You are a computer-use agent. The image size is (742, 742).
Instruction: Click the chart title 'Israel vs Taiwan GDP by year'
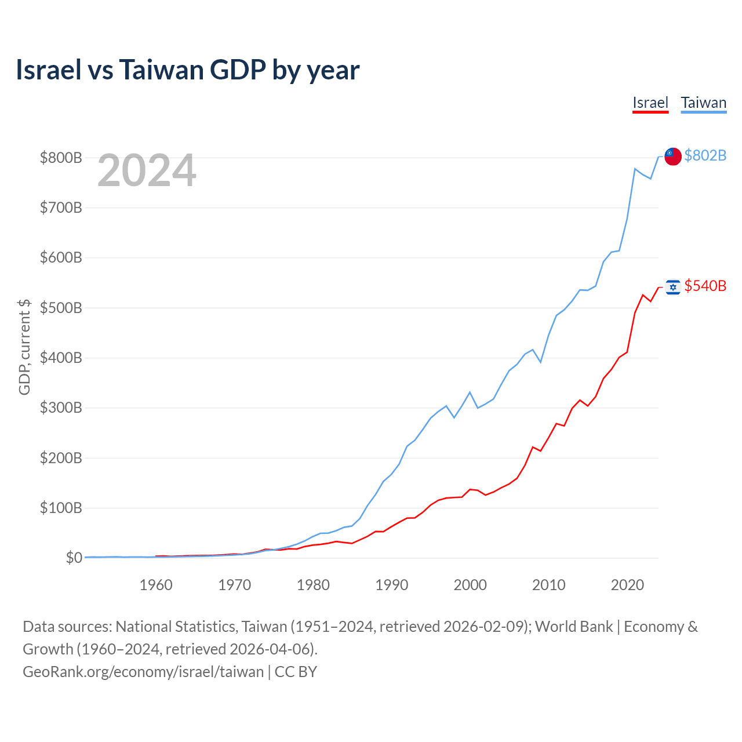[x=187, y=70]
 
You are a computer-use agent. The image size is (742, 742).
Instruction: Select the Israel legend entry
[x=650, y=103]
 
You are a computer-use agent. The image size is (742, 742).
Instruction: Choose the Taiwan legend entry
[x=704, y=103]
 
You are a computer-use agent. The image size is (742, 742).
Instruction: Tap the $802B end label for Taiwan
[x=705, y=155]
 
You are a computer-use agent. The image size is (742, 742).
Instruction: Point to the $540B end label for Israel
[x=705, y=286]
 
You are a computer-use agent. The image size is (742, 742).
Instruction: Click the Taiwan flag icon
[x=672, y=157]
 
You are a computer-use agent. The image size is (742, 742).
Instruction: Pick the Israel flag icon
[x=672, y=287]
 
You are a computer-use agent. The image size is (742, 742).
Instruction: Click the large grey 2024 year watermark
[x=147, y=170]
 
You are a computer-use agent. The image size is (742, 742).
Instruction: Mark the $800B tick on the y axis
[x=61, y=158]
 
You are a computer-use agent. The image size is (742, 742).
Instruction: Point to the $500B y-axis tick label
[x=61, y=308]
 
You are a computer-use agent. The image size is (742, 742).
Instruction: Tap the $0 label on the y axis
[x=74, y=558]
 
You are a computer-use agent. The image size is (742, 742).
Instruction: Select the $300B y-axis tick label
[x=61, y=408]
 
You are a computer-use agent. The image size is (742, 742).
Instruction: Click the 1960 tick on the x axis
[x=156, y=585]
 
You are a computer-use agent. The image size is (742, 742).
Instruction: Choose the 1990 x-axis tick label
[x=392, y=585]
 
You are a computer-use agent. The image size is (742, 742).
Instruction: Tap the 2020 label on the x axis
[x=627, y=585]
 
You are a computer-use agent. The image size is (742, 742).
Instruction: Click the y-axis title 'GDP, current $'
[x=24, y=347]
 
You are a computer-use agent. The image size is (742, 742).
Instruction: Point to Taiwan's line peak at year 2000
[x=470, y=392]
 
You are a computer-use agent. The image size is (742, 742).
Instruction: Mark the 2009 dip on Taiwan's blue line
[x=541, y=362]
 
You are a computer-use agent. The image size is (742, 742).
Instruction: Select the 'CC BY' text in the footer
[x=296, y=672]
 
